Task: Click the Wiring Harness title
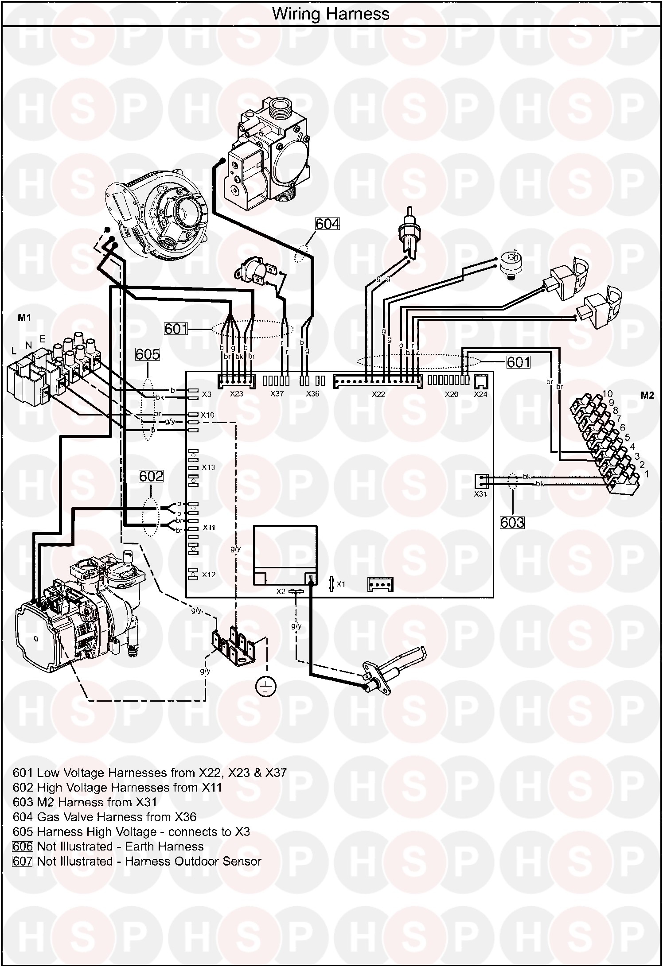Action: [x=331, y=14]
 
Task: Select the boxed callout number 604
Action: [x=327, y=224]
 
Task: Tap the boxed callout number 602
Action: [x=151, y=476]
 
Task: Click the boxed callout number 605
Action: [x=148, y=354]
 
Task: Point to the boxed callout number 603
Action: [x=512, y=523]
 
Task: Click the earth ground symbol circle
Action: [x=266, y=686]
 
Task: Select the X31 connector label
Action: [x=480, y=494]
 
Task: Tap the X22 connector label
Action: [x=378, y=394]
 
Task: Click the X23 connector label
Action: [x=236, y=394]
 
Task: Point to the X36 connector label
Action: [x=312, y=394]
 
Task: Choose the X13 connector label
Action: [x=208, y=467]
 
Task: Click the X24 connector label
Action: [x=480, y=394]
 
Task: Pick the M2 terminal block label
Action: [x=647, y=396]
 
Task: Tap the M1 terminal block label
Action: [x=24, y=318]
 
